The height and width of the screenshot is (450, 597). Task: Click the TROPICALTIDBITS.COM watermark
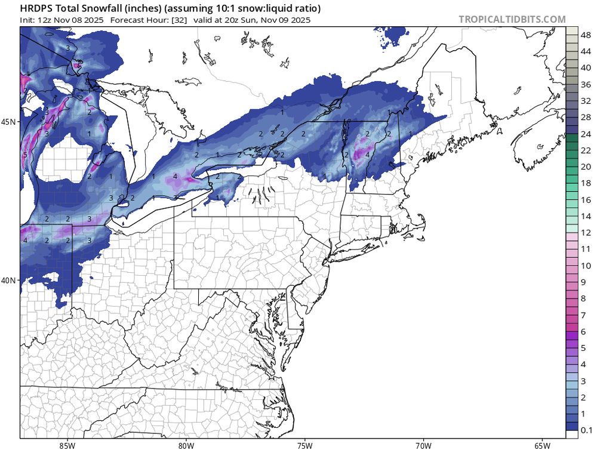tap(512, 19)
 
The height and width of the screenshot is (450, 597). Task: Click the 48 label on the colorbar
tap(586, 36)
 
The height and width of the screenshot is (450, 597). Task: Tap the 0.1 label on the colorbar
tap(586, 430)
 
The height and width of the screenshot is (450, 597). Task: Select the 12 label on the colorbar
tap(586, 232)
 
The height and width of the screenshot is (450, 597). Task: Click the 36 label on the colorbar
tap(586, 85)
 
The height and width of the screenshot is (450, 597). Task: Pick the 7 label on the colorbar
tap(586, 315)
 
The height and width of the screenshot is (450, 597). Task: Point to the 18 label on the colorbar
tap(586, 183)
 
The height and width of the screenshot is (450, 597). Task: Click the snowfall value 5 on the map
tap(25, 155)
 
